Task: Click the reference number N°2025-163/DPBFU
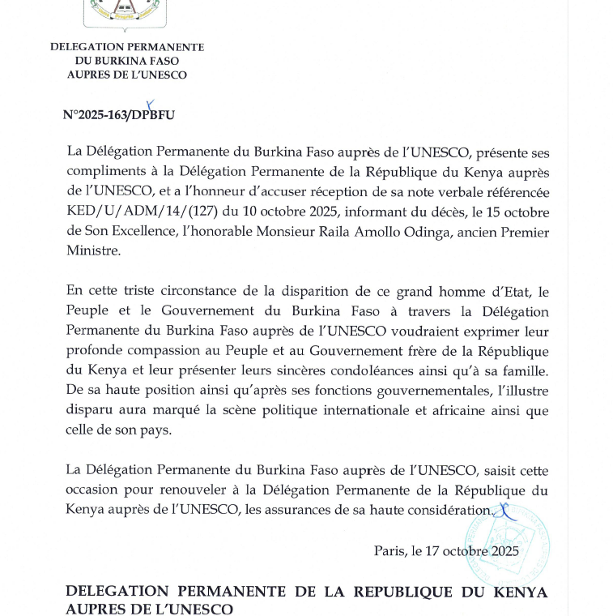pyautogui.click(x=118, y=115)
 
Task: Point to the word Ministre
pyautogui.click(x=92, y=252)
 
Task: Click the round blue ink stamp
pyautogui.click(x=508, y=544)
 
